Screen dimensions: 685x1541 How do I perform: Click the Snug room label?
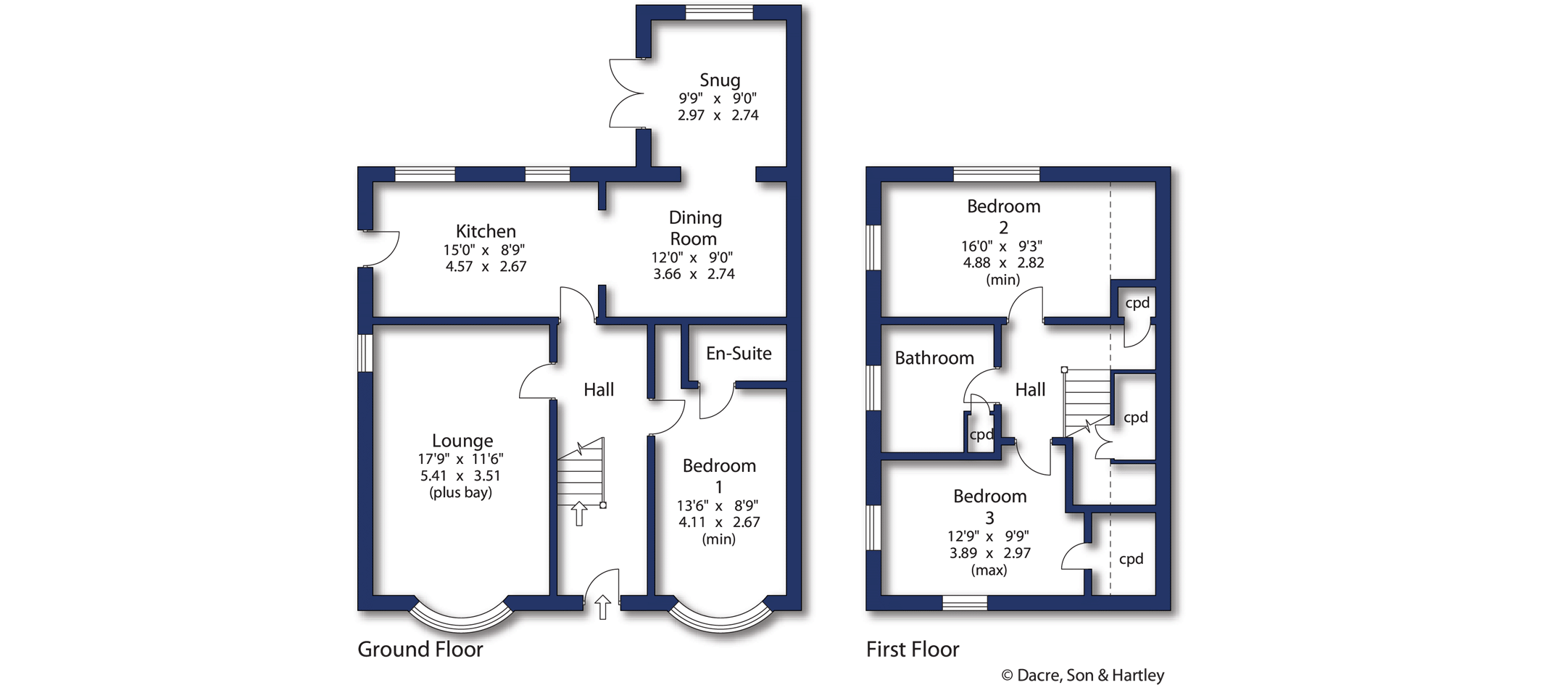coord(720,80)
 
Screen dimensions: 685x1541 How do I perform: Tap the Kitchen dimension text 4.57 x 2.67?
coord(486,267)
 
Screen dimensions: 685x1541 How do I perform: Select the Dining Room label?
coord(694,228)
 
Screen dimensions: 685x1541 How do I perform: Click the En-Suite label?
coord(739,353)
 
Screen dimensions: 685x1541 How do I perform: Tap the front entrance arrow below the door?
coord(603,607)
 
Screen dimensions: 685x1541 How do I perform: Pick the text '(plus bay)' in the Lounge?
coord(460,493)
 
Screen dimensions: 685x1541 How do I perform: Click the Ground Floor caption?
coord(420,649)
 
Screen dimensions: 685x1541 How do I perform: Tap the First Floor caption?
coord(913,649)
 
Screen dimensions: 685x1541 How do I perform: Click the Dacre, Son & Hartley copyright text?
coord(1083,675)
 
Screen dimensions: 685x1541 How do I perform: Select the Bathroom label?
coord(934,358)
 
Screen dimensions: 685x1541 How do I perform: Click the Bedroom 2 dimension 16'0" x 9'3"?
coord(1002,246)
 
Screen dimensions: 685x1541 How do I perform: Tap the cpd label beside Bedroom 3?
coord(1131,559)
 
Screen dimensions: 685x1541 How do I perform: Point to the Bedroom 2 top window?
coord(996,174)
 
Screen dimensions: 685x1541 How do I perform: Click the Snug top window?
coord(719,12)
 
